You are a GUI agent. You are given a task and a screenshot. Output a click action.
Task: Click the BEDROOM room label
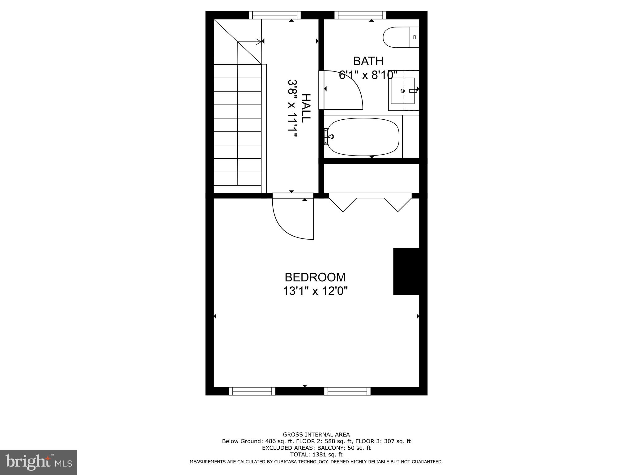pyautogui.click(x=315, y=277)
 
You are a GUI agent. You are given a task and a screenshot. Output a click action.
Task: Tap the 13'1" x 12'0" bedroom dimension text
pyautogui.click(x=315, y=291)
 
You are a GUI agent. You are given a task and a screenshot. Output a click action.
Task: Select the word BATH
pyautogui.click(x=368, y=61)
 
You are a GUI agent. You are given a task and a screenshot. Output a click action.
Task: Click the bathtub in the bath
pyautogui.click(x=363, y=137)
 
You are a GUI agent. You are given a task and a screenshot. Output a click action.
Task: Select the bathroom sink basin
pyautogui.click(x=402, y=91)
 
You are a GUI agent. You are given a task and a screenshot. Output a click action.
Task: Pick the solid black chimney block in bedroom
pyautogui.click(x=406, y=271)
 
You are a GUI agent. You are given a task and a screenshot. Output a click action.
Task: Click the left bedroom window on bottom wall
pyautogui.click(x=252, y=391)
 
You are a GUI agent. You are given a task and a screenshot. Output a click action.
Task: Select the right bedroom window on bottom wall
pyautogui.click(x=347, y=391)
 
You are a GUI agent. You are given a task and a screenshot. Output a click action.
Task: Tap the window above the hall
pyautogui.click(x=275, y=15)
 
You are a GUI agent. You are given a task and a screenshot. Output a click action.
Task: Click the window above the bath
pyautogui.click(x=360, y=15)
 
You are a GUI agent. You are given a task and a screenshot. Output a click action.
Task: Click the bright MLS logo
pyautogui.click(x=39, y=462)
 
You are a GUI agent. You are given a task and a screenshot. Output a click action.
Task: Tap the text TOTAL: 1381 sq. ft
pyautogui.click(x=316, y=455)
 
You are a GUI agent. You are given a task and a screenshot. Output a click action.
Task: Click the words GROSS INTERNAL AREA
pyautogui.click(x=316, y=434)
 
